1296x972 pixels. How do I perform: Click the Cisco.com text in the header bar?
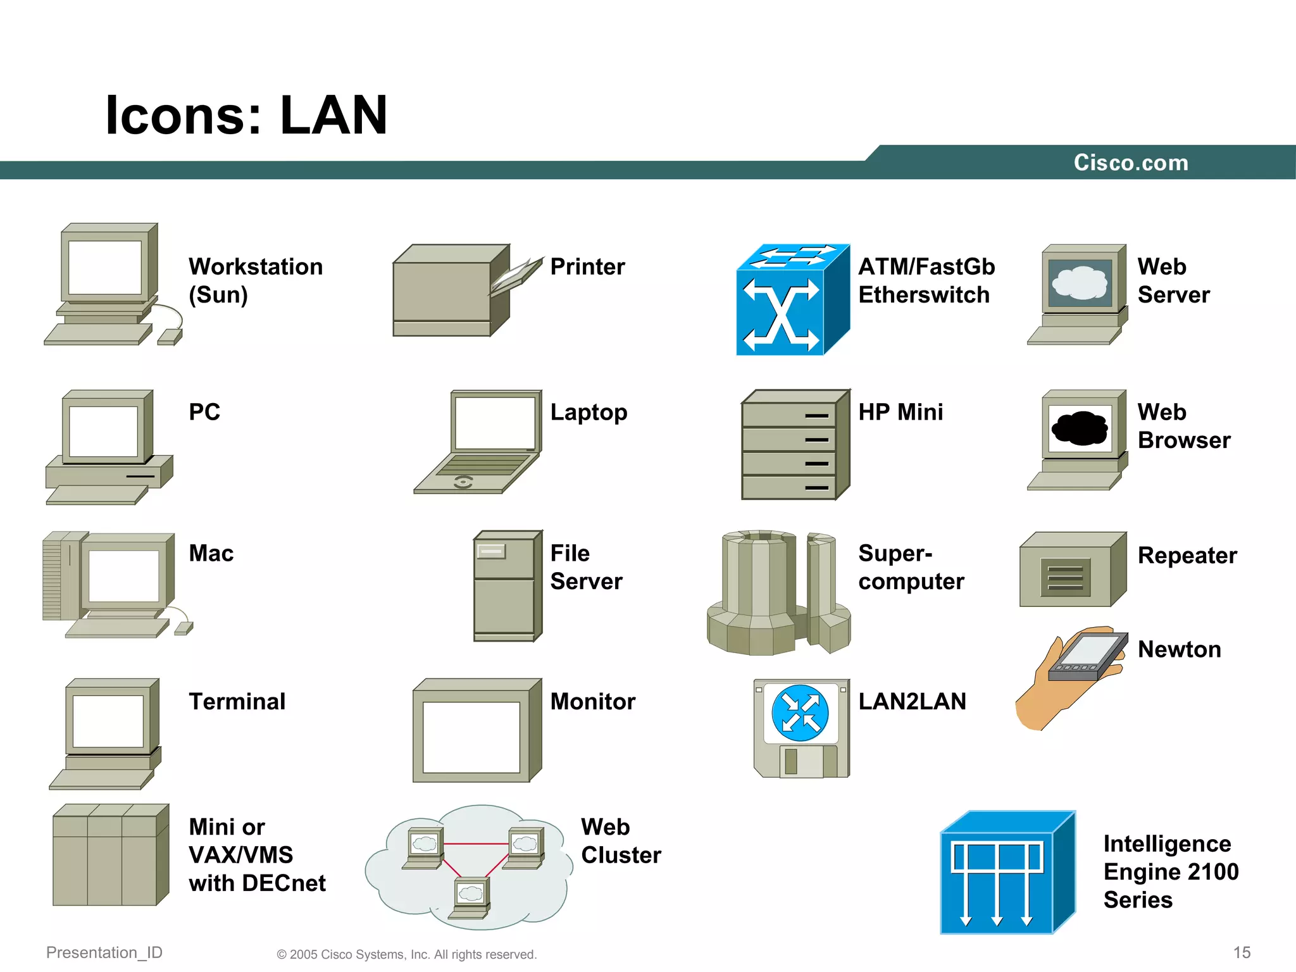1131,163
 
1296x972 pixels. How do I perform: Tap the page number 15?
1242,952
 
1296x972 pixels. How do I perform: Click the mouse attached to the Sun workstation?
170,337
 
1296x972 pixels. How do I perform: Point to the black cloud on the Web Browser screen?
1080,428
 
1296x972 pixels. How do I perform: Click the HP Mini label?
900,412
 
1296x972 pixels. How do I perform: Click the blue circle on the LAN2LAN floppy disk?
801,713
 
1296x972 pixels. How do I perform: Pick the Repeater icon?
1072,570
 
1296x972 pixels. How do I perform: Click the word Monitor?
593,702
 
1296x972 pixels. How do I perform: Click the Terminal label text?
237,702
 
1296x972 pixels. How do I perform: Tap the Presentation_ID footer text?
104,952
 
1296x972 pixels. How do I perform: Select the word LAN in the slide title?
333,115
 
